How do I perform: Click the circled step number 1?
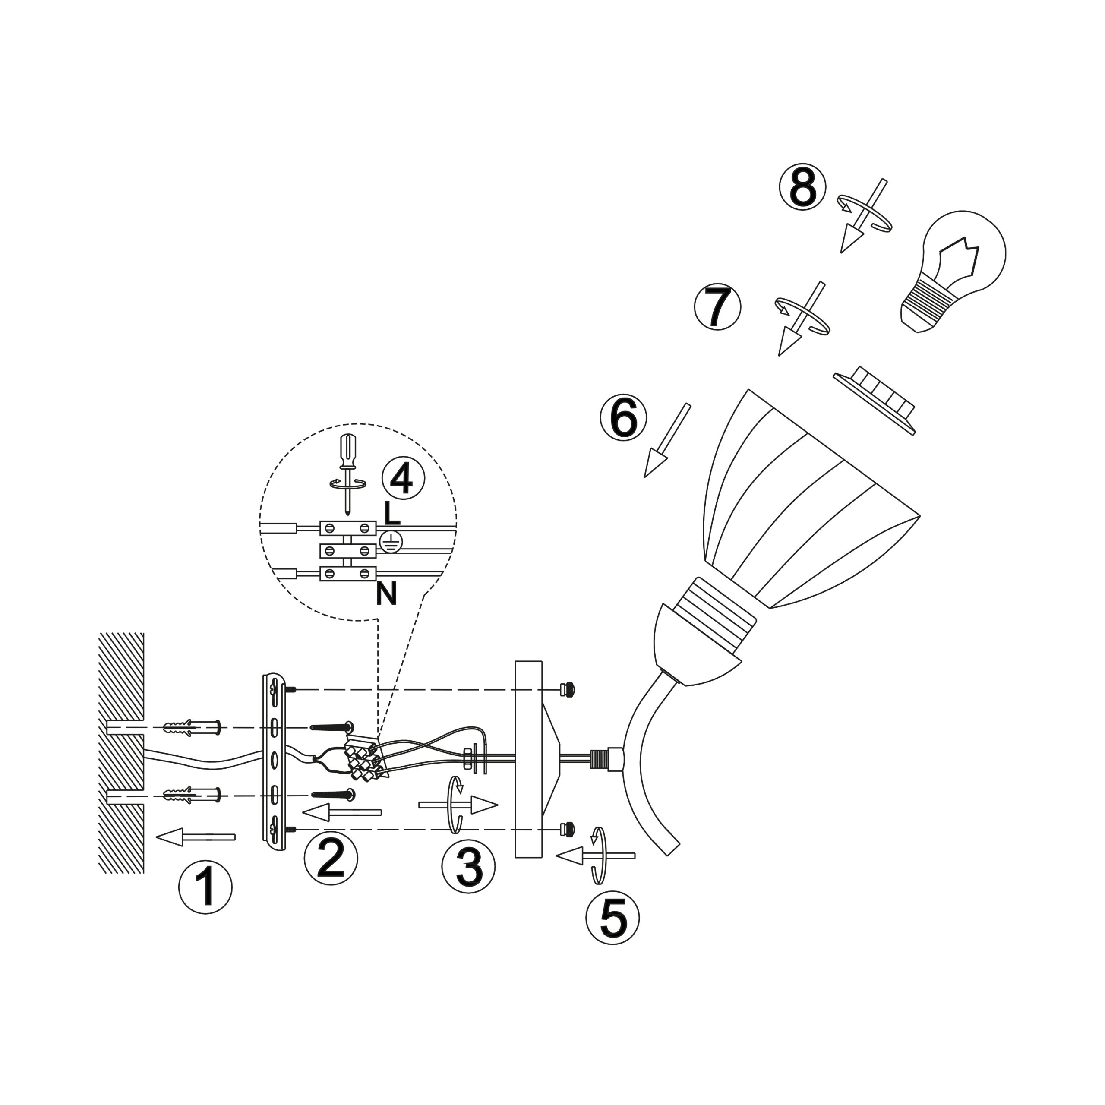(205, 887)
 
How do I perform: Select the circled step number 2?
(331, 859)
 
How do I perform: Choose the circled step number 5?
(612, 917)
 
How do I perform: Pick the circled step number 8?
(803, 186)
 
